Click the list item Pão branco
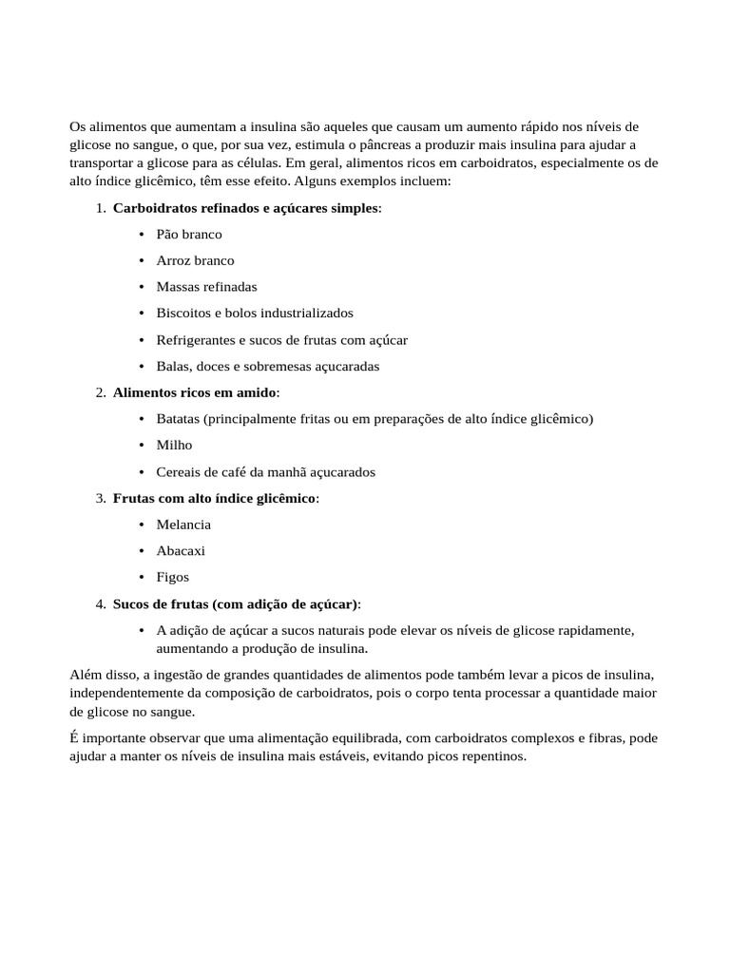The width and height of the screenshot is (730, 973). pyautogui.click(x=189, y=234)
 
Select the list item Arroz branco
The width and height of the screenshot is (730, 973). pyautogui.click(x=195, y=260)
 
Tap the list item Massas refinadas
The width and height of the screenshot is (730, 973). pyautogui.click(x=206, y=286)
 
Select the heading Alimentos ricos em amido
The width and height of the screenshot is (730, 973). pyautogui.click(x=195, y=392)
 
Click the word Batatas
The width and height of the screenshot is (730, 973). pyautogui.click(x=178, y=419)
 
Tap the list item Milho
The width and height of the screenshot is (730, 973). pyautogui.click(x=174, y=445)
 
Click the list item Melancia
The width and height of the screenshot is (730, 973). pyautogui.click(x=183, y=525)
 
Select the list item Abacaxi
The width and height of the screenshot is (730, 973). pyautogui.click(x=181, y=550)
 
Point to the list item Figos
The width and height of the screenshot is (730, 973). pyautogui.click(x=173, y=577)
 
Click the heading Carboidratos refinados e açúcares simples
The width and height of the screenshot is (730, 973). pyautogui.click(x=245, y=207)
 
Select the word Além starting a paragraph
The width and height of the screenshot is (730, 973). pyautogui.click(x=86, y=675)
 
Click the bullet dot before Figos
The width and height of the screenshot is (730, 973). pyautogui.click(x=141, y=577)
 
